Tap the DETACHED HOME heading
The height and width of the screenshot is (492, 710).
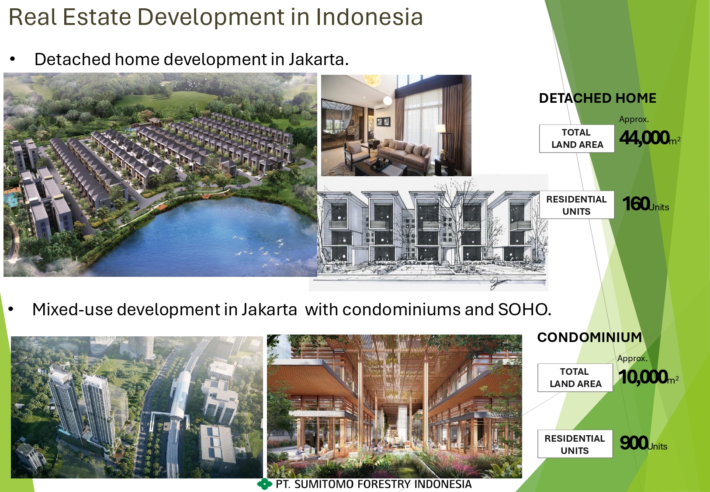(x=597, y=98)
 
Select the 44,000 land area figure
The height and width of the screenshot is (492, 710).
(x=644, y=138)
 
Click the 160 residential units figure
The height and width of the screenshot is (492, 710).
(x=636, y=203)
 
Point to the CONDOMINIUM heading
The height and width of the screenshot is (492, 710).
(x=589, y=337)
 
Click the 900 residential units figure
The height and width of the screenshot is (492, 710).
(x=634, y=443)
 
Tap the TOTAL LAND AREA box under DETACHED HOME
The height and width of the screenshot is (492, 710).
(x=577, y=139)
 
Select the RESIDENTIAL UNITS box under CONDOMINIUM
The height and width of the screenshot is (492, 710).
(x=575, y=444)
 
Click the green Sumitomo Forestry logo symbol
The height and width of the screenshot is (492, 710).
(x=264, y=484)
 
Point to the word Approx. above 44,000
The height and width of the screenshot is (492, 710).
(x=634, y=119)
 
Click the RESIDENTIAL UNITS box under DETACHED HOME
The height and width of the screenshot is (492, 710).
(x=577, y=205)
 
